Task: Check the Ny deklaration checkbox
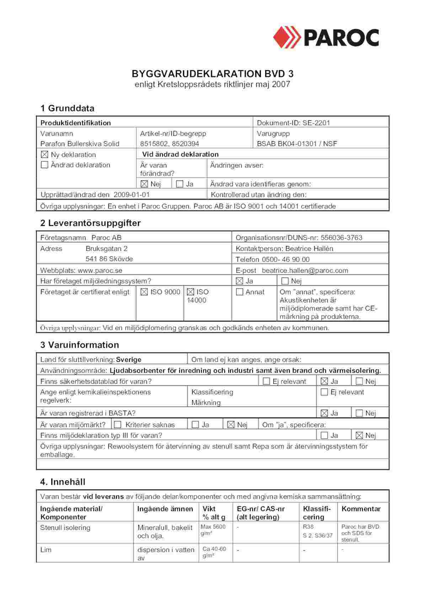pyautogui.click(x=44, y=154)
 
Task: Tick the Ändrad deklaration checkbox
pyautogui.click(x=44, y=165)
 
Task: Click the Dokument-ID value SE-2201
pyautogui.click(x=316, y=123)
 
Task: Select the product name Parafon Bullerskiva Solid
pyautogui.click(x=80, y=144)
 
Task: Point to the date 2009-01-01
pyautogui.click(x=132, y=195)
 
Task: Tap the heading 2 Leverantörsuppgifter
pyautogui.click(x=90, y=223)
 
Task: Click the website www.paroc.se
pyautogui.click(x=100, y=270)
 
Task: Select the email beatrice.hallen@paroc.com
pyautogui.click(x=305, y=270)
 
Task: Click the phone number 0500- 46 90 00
pyautogui.click(x=285, y=259)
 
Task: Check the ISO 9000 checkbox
pyautogui.click(x=144, y=292)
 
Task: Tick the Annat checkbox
pyautogui.click(x=240, y=292)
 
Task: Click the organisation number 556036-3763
pyautogui.click(x=341, y=238)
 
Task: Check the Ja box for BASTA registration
pyautogui.click(x=324, y=413)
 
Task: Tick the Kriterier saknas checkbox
pyautogui.click(x=118, y=425)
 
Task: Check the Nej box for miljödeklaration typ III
pyautogui.click(x=359, y=435)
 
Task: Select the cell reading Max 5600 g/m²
pyautogui.click(x=213, y=530)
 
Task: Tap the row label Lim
pyautogui.click(x=46, y=550)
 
